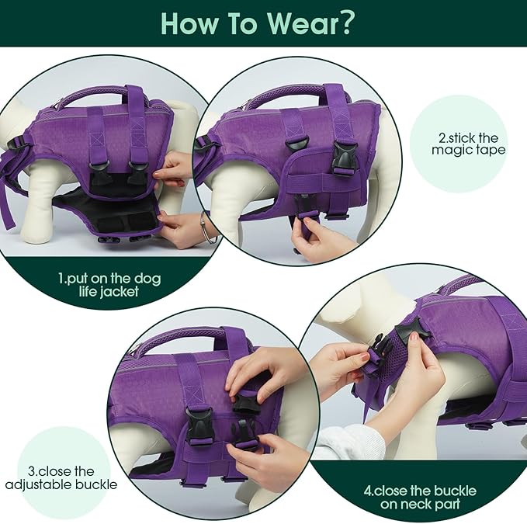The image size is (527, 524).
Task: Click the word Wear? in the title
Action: coord(309,23)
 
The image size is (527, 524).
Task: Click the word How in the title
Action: coord(189,23)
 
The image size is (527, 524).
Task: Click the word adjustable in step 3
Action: coord(39,485)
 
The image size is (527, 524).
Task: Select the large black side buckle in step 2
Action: coord(342,157)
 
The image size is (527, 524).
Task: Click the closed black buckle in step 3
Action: coord(199,426)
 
